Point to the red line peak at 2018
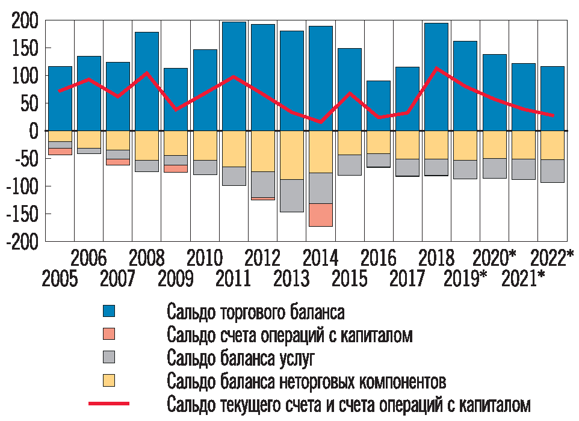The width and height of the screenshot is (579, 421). point(436,68)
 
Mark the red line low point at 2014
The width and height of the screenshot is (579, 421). point(320,122)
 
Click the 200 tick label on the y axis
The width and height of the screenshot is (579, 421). point(25,22)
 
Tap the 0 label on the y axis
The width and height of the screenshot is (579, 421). point(33,131)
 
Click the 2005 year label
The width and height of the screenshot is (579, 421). point(60,280)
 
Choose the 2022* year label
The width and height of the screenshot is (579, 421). point(552,259)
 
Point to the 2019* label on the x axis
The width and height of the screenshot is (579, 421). point(465,280)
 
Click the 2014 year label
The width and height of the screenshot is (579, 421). point(320,259)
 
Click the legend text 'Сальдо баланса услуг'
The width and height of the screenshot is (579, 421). point(241,359)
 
